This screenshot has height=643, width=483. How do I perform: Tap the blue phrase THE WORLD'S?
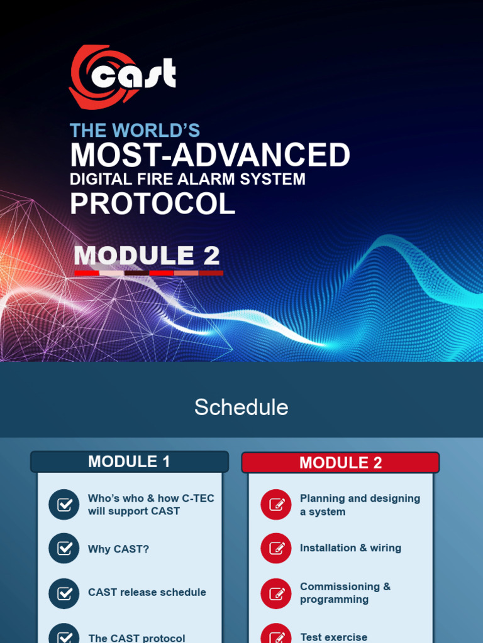pyautogui.click(x=135, y=131)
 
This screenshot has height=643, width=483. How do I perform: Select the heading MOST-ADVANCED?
pyautogui.click(x=209, y=155)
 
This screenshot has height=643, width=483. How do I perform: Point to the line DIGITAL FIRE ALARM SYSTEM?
pyautogui.click(x=187, y=180)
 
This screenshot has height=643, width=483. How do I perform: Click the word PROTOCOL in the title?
pyautogui.click(x=152, y=204)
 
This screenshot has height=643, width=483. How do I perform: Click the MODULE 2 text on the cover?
pyautogui.click(x=147, y=256)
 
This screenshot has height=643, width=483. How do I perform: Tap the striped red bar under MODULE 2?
pyautogui.click(x=148, y=273)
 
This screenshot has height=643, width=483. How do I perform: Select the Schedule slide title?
pyautogui.click(x=241, y=408)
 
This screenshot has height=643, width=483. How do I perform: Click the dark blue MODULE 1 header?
pyautogui.click(x=129, y=462)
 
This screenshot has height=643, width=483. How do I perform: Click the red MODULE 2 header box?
pyautogui.click(x=340, y=463)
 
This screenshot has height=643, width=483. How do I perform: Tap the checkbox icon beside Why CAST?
pyautogui.click(x=64, y=548)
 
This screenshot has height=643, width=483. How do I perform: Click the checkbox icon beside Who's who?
pyautogui.click(x=64, y=504)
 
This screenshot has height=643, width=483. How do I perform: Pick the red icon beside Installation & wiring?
pyautogui.click(x=276, y=548)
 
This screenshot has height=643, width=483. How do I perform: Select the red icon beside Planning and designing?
pyautogui.click(x=276, y=504)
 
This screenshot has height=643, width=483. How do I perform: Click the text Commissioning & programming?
pyautogui.click(x=345, y=593)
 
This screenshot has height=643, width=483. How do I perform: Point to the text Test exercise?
pyautogui.click(x=333, y=637)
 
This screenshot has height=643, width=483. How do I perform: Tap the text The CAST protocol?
pyautogui.click(x=136, y=638)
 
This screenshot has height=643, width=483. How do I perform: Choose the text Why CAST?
pyautogui.click(x=118, y=549)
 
